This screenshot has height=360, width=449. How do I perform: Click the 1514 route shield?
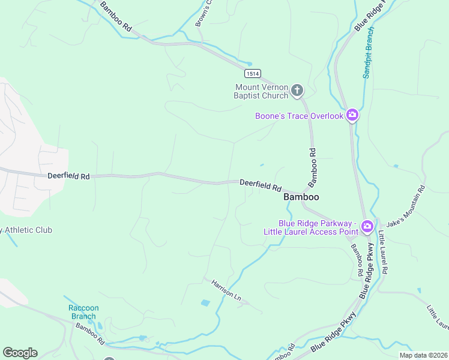(x=253, y=73)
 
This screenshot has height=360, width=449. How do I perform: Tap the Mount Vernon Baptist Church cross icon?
(x=297, y=91)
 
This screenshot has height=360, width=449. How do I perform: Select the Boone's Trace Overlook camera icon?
(x=352, y=115)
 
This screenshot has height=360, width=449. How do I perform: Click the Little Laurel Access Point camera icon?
(x=367, y=227)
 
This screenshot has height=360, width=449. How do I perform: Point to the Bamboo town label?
(x=301, y=197)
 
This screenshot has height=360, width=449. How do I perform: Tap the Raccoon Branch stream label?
(x=83, y=312)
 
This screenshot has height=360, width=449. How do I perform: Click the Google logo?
(x=19, y=353)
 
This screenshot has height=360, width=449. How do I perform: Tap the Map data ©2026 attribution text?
(x=423, y=355)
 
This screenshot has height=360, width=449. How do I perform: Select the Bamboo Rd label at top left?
(x=116, y=16)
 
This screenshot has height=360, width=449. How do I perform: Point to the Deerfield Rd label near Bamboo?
(x=261, y=185)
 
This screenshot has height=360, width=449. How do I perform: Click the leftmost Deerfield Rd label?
(x=68, y=176)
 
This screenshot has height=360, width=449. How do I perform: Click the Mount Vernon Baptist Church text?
(x=262, y=91)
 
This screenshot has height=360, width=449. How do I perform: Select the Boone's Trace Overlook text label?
(x=299, y=116)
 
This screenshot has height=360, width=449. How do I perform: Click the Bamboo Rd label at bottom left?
(x=90, y=334)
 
